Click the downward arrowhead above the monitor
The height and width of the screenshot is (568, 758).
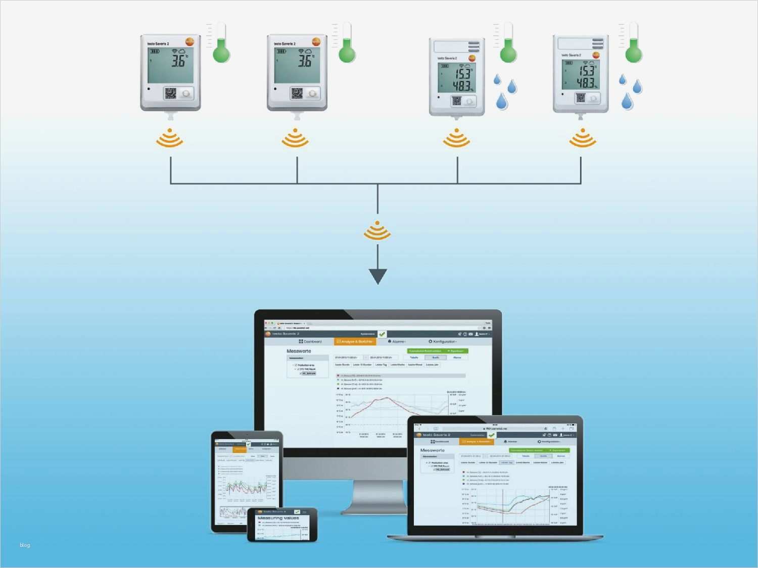377,276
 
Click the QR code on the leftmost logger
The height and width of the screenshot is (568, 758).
171,93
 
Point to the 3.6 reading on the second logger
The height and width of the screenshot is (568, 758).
305,61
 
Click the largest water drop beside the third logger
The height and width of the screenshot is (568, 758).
501,101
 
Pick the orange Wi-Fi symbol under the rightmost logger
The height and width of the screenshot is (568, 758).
582,137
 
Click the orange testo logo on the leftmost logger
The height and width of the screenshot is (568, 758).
189,42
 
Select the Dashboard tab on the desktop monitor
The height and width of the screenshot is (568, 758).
310,342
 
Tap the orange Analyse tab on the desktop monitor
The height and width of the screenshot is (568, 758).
355,342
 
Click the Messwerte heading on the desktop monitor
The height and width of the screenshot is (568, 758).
299,351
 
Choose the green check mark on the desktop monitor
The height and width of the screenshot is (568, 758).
382,334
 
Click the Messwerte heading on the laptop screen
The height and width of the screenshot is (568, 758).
432,450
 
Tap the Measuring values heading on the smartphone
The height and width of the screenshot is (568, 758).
278,518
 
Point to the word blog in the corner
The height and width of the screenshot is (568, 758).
25,545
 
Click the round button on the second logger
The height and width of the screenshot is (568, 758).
312,93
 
